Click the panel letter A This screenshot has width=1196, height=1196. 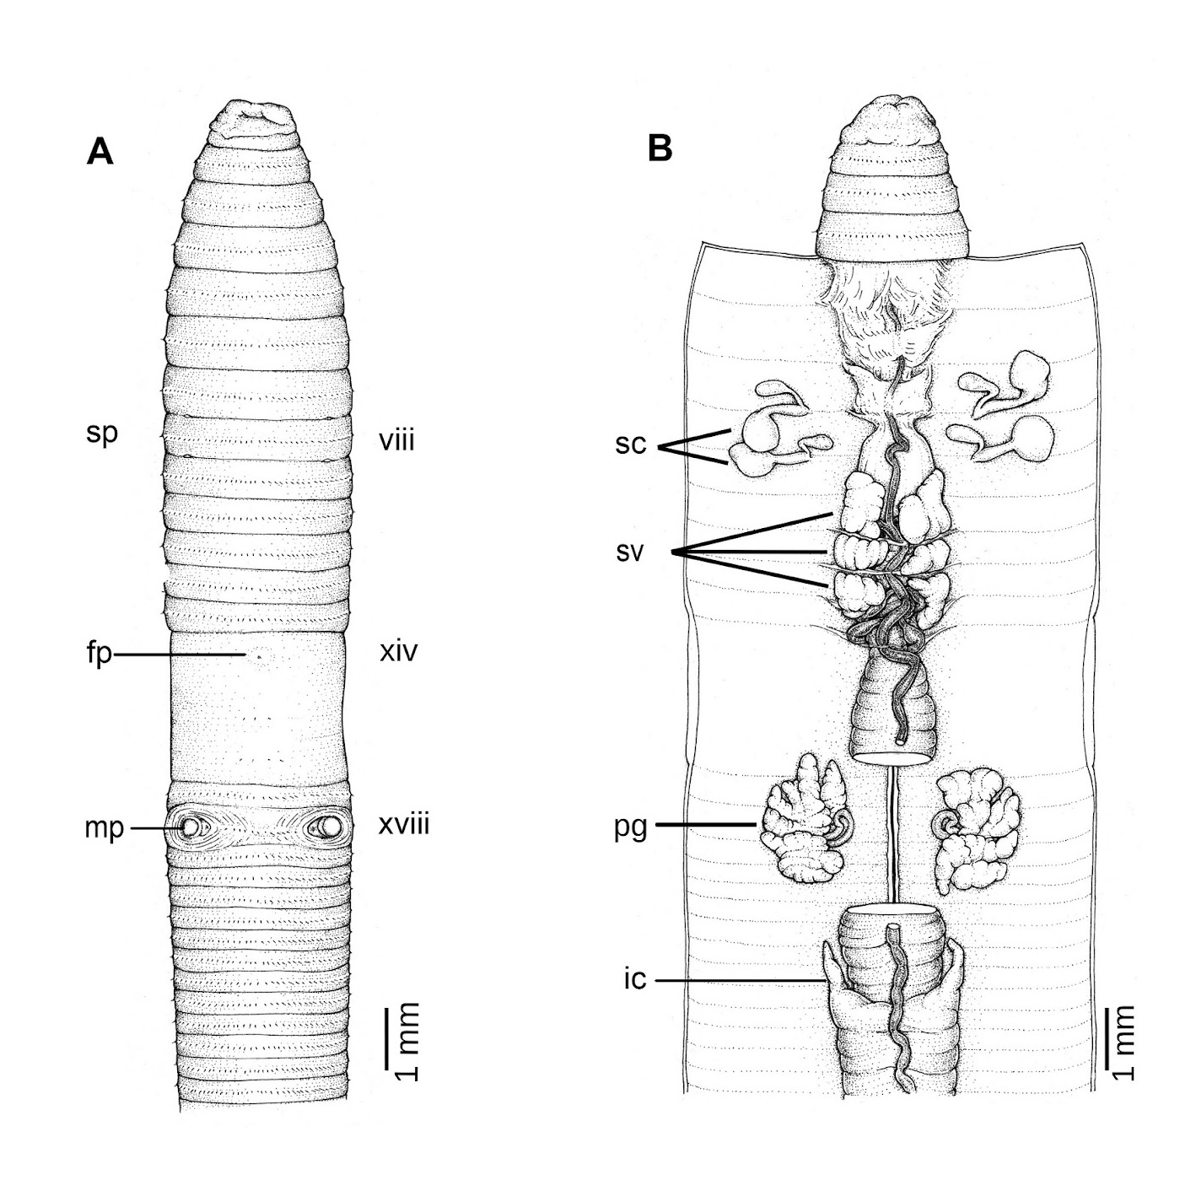100,151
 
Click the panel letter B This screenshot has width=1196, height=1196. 659,149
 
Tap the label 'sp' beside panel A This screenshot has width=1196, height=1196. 102,434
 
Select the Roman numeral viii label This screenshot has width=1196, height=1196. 396,440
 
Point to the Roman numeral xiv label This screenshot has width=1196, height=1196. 398,652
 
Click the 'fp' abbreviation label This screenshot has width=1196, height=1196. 100,653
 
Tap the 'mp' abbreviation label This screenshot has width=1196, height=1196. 105,828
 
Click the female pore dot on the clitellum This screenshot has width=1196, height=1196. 260,655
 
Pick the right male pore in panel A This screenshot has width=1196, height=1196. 330,826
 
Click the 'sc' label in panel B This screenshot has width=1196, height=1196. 631,444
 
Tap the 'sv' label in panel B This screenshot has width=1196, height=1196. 630,552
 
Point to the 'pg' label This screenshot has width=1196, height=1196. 631,827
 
